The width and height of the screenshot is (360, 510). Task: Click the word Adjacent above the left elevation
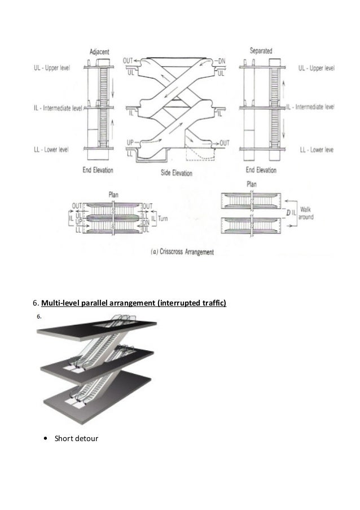(100, 51)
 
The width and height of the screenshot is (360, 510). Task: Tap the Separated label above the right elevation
(261, 51)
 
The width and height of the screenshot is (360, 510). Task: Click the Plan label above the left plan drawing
(115, 194)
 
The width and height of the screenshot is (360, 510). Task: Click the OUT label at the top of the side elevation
(128, 60)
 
